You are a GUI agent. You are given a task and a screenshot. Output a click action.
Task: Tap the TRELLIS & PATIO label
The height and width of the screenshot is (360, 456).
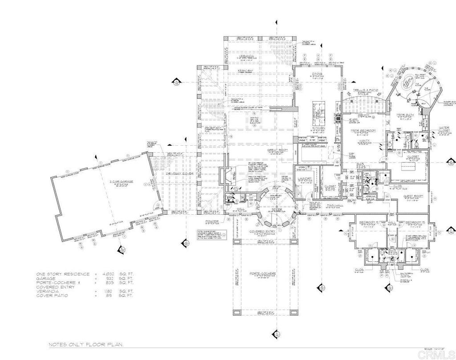(365, 90)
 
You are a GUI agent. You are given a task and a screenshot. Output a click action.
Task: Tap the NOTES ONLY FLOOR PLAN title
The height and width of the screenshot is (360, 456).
(85, 344)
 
